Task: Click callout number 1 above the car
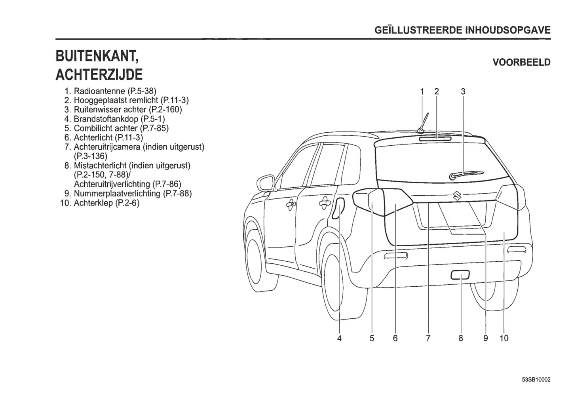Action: click(x=422, y=91)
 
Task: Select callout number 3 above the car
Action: click(x=463, y=91)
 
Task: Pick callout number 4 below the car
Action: click(x=339, y=338)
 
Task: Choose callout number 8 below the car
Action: click(x=460, y=338)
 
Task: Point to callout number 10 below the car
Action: click(x=504, y=338)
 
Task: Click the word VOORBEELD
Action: click(x=521, y=62)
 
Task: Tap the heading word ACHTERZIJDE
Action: click(x=99, y=74)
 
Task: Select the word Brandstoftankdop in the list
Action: click(x=106, y=119)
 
